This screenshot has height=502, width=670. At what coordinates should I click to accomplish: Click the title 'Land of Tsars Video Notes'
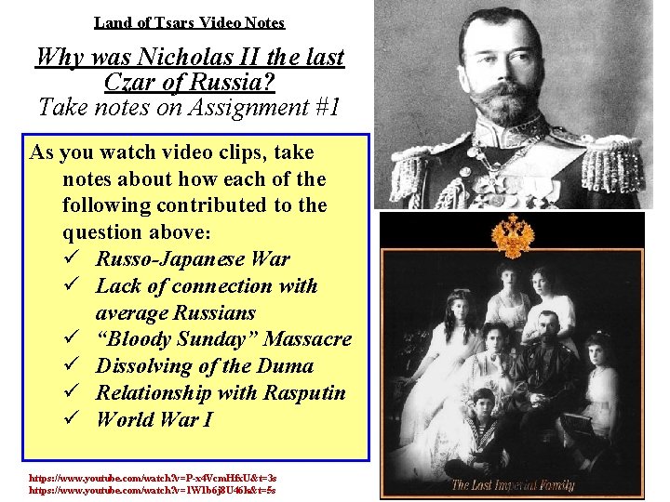pyautogui.click(x=189, y=22)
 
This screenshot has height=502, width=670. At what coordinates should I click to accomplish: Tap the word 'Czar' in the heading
pyautogui.click(x=129, y=83)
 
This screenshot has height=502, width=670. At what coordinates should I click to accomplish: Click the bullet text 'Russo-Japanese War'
pyautogui.click(x=193, y=259)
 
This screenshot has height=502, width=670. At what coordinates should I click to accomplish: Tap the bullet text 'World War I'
pyautogui.click(x=154, y=419)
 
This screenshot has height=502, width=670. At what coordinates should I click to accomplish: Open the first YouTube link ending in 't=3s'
pyautogui.click(x=153, y=476)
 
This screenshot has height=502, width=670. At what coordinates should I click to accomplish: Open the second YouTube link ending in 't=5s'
pyautogui.click(x=153, y=489)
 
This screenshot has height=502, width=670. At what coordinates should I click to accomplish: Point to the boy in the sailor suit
pyautogui.click(x=482, y=418)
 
